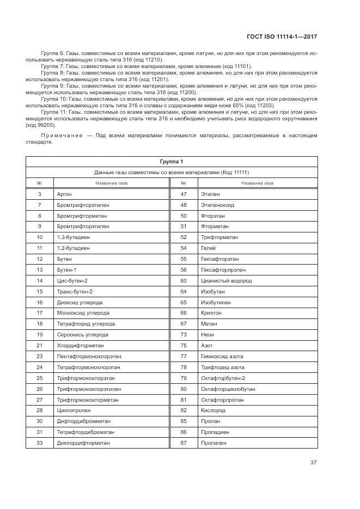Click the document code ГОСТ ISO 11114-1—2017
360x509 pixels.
(282, 36)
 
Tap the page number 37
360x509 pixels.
(314, 463)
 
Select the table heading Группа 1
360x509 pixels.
(172, 162)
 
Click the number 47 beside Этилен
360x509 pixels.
(184, 194)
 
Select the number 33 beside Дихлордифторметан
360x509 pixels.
(40, 443)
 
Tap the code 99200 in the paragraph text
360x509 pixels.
(44, 125)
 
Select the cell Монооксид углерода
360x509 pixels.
(83, 313)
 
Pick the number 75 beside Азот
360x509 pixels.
(184, 346)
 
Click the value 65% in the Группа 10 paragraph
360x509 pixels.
(237, 105)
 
